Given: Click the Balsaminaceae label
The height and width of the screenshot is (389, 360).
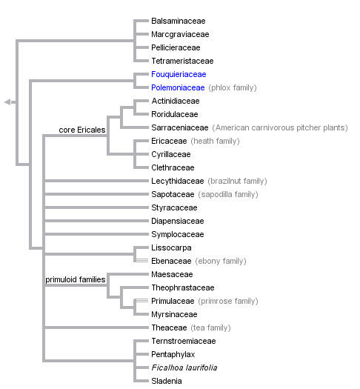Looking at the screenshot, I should point(178,21).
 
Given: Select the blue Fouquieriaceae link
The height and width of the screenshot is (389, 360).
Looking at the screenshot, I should point(179,74).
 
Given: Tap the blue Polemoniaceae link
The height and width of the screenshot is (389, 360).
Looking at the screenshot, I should point(178,87).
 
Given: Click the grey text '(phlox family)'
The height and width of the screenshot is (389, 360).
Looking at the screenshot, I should point(233,87).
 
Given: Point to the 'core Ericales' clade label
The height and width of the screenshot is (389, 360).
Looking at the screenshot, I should point(81,130).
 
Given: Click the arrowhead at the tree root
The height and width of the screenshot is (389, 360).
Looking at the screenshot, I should point(7,102).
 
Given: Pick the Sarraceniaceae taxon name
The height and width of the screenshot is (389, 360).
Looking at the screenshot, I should point(180,127).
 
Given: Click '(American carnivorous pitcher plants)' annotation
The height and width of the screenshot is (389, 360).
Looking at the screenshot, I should point(280,127).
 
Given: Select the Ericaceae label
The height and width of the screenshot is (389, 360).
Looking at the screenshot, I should point(169,141).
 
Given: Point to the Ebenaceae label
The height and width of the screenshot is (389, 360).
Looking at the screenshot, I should point(171,261).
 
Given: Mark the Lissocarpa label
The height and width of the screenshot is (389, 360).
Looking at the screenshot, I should point(171,247).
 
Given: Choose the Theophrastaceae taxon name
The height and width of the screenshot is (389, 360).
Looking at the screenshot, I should point(182,287).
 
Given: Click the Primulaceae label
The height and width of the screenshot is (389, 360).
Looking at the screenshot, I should point(172,301).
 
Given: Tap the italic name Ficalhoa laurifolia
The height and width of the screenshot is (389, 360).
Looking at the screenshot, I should point(184,368).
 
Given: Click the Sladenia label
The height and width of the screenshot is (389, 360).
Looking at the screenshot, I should point(167,381).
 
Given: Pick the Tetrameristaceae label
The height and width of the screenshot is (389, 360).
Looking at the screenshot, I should point(182,61).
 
